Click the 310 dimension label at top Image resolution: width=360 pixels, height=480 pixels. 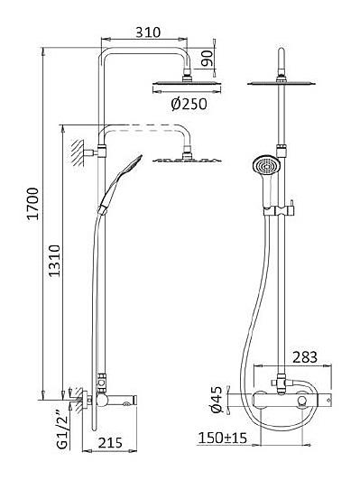click(x=148, y=32)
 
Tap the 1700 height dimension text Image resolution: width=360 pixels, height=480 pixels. click(x=33, y=204)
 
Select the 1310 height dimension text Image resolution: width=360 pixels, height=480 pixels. click(x=55, y=261)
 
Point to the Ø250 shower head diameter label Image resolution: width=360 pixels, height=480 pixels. click(x=189, y=104)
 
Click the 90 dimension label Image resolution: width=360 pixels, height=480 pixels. click(x=208, y=59)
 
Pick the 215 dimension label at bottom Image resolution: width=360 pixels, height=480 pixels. click(x=110, y=442)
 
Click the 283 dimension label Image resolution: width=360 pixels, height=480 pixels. click(x=305, y=357)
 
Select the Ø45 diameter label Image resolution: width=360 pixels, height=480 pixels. click(x=217, y=400)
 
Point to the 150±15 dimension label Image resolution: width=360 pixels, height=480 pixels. click(x=223, y=438)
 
